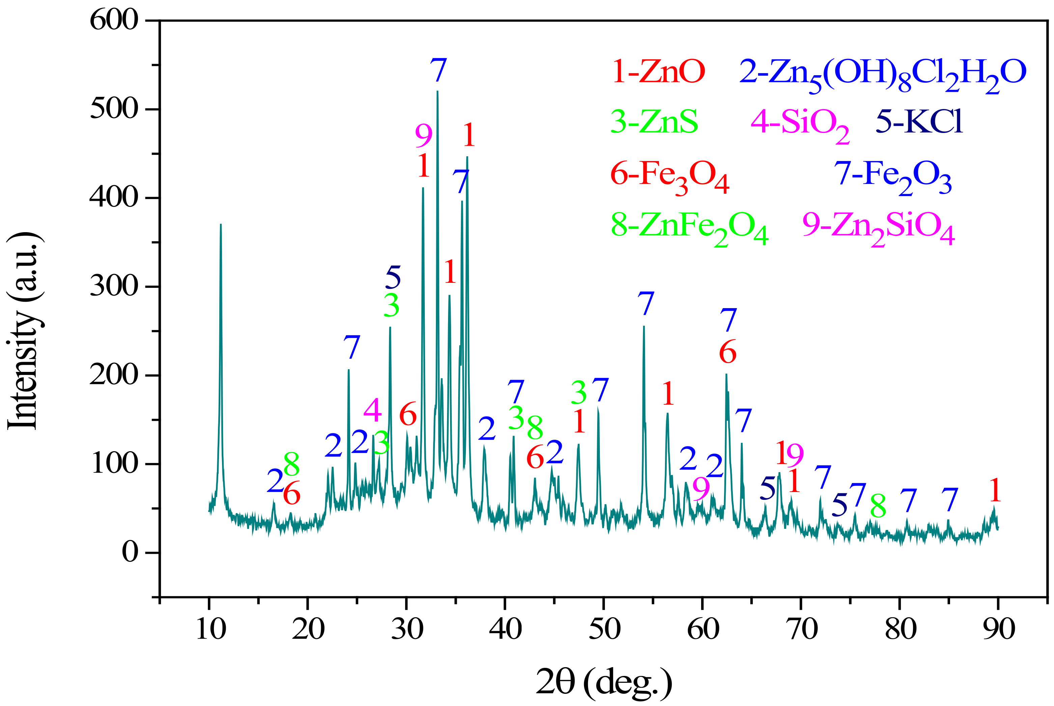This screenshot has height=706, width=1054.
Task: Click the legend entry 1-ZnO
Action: click(x=658, y=72)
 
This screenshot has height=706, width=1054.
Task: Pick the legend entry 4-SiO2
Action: click(x=800, y=124)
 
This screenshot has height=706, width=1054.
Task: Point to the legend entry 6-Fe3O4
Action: click(x=669, y=176)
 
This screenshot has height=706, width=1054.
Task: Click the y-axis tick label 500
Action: click(x=114, y=109)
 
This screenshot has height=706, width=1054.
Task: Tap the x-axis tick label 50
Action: click(x=604, y=629)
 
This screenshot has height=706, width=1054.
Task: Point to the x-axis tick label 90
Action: click(x=999, y=629)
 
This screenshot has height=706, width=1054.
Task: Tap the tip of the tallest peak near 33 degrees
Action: click(x=438, y=91)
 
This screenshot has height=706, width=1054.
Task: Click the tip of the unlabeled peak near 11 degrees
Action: click(x=221, y=224)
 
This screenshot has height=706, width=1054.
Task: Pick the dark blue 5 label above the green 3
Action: click(x=393, y=277)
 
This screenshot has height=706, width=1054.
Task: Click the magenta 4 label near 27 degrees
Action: click(x=372, y=410)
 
